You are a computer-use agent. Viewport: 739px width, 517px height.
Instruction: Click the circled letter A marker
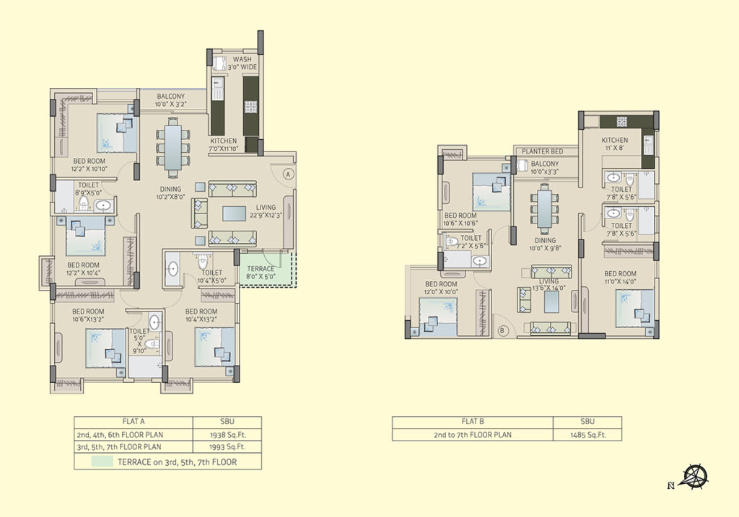(x=289, y=174)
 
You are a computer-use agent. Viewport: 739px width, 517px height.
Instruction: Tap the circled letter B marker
(x=502, y=330)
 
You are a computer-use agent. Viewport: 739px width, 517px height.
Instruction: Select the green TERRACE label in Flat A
(x=261, y=273)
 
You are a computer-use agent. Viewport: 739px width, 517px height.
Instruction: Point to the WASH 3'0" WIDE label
(x=242, y=63)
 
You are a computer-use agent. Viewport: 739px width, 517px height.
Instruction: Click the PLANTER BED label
(x=543, y=151)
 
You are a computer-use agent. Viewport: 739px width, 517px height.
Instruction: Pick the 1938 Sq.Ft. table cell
(x=227, y=435)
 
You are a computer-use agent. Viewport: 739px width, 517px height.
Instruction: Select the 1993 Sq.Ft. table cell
(x=227, y=447)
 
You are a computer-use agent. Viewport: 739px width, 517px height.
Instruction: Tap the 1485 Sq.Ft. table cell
(x=587, y=435)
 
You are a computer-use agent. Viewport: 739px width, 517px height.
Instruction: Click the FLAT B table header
(x=473, y=422)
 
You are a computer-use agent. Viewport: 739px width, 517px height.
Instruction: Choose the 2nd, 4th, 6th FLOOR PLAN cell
(x=134, y=435)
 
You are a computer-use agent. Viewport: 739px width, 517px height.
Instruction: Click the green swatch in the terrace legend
(x=102, y=461)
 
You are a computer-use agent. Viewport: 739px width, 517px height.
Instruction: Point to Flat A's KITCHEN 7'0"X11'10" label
(x=224, y=144)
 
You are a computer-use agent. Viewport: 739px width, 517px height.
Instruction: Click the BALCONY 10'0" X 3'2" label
(x=170, y=100)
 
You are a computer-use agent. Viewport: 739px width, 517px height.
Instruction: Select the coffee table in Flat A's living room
(x=235, y=213)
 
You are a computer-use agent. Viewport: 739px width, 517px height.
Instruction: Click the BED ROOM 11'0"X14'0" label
(x=620, y=278)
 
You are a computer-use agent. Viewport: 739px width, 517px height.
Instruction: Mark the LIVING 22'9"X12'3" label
(x=266, y=211)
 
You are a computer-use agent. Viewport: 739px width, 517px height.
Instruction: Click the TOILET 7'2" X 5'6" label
(x=471, y=242)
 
